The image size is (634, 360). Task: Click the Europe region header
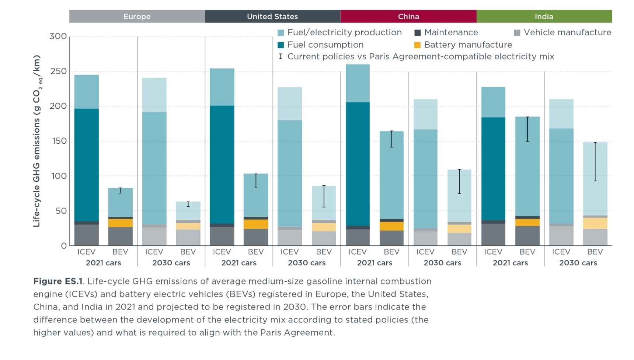tap(137, 17)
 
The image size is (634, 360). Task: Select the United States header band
tap(272, 17)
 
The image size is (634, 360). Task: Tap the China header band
tap(408, 17)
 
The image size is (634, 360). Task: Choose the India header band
tap(544, 17)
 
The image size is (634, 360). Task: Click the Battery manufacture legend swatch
tap(417, 45)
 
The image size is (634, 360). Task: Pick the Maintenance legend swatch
tap(417, 33)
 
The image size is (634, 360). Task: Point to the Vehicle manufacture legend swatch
tap(517, 33)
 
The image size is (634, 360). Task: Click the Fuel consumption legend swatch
tap(281, 45)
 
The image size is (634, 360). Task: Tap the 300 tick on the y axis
tap(58, 36)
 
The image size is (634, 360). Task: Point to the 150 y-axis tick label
tap(58, 141)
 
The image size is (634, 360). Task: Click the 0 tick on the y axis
tap(64, 246)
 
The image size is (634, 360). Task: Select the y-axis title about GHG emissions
tap(37, 141)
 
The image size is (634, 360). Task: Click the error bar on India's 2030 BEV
tap(595, 161)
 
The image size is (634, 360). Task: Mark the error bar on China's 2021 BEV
tap(391, 139)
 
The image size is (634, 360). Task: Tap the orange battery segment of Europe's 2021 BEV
tap(120, 223)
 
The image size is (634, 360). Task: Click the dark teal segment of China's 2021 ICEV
tap(358, 164)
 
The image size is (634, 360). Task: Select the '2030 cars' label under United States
tap(307, 263)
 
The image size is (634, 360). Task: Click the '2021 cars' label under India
tap(510, 263)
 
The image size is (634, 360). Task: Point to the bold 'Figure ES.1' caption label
tap(58, 282)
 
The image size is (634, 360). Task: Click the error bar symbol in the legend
tap(281, 56)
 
